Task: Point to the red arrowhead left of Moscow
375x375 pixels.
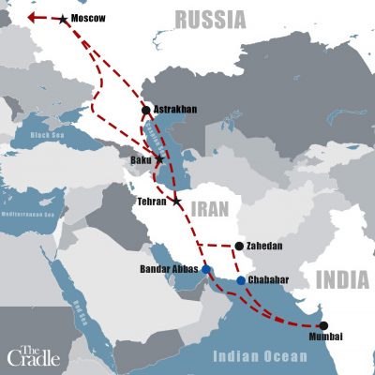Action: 31,17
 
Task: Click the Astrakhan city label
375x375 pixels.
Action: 174,110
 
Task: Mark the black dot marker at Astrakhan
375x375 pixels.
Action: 145,110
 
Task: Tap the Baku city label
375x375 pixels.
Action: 140,160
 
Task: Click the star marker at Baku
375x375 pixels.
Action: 159,160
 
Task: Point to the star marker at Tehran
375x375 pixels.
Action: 176,201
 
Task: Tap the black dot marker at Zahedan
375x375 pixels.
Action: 239,247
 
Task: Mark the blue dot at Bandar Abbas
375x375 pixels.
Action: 206,270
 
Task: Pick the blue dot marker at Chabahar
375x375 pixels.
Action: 241,280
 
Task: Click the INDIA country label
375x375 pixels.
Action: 342,279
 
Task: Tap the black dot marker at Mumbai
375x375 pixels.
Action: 323,325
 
